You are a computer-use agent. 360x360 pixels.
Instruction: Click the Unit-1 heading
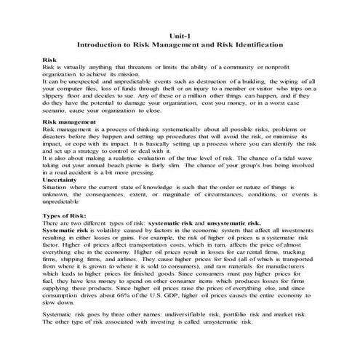180,34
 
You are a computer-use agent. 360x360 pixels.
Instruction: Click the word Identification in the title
259,45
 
